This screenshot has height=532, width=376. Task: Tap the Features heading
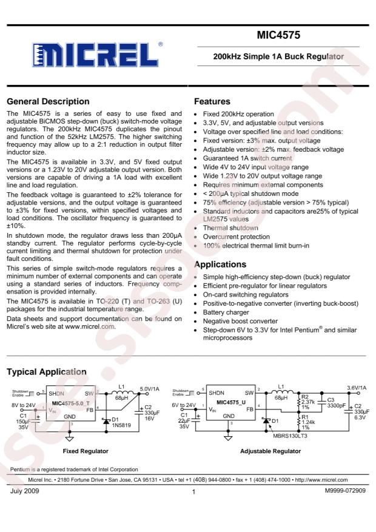tap(212, 101)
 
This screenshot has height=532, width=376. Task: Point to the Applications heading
tap(220, 264)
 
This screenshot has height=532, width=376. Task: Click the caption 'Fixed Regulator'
tap(86, 451)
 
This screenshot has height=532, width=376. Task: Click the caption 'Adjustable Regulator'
tap(270, 451)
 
